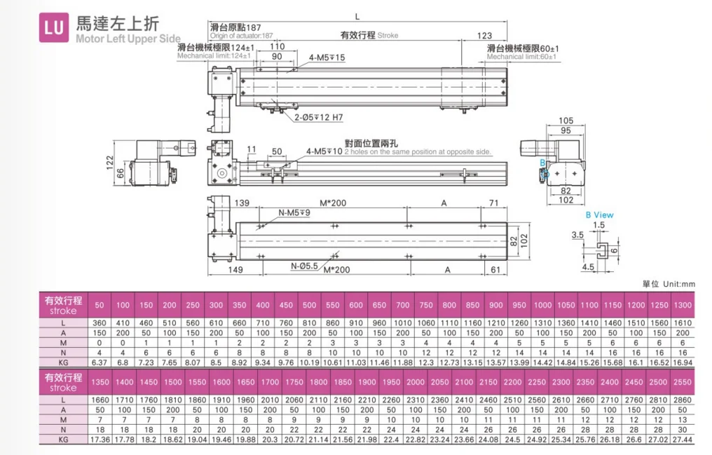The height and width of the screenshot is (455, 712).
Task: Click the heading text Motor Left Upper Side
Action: click(x=128, y=39)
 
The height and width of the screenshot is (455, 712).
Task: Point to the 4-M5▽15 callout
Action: click(x=327, y=57)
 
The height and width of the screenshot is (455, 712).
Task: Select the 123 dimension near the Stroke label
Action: click(x=484, y=36)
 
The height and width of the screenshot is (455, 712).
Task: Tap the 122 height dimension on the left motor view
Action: click(x=110, y=162)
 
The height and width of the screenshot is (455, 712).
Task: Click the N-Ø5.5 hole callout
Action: click(x=304, y=266)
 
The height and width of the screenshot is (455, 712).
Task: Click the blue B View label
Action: click(x=599, y=215)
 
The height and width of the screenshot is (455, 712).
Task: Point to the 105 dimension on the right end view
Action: click(x=566, y=121)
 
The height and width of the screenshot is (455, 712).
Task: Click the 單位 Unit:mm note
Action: click(x=669, y=284)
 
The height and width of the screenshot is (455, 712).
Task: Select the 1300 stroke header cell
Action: click(x=682, y=305)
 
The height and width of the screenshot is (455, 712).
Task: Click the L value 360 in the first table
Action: click(x=100, y=322)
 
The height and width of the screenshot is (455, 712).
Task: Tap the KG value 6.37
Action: click(x=100, y=362)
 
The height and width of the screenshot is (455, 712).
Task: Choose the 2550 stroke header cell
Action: click(x=682, y=382)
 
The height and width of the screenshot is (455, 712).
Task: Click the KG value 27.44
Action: click(x=682, y=439)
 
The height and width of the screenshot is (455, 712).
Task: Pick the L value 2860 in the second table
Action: click(x=682, y=400)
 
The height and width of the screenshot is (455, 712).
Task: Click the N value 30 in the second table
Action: click(x=682, y=429)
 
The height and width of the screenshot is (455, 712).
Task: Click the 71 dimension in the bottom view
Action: click(x=493, y=203)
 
